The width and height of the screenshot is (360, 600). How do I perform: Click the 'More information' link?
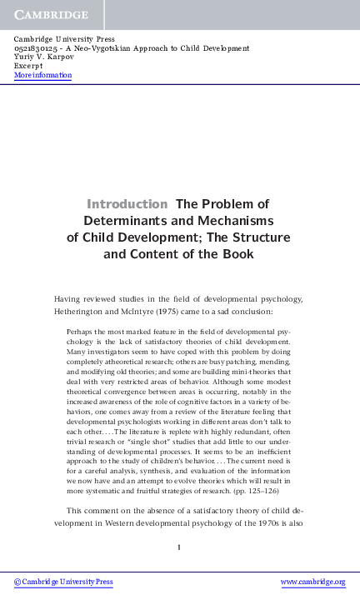coord(42,75)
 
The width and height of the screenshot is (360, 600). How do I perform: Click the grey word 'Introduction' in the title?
coord(127,203)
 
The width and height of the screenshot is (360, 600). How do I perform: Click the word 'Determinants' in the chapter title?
coord(126,220)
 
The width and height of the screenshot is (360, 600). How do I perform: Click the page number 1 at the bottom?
coord(179,547)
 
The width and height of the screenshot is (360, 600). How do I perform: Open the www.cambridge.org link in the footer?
coord(312,581)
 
